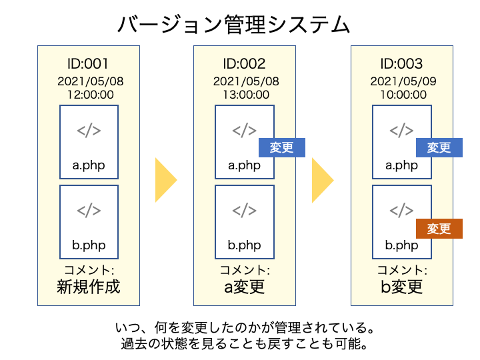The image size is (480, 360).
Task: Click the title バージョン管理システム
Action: coord(233,25)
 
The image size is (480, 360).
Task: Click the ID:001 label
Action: coord(88,64)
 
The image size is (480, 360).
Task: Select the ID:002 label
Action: coord(244,64)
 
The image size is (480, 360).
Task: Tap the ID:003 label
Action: coord(401,64)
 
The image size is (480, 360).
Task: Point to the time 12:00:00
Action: coord(91,95)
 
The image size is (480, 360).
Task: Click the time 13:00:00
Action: coord(246,95)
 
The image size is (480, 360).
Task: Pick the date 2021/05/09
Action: coord(403,81)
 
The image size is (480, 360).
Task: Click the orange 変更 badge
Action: coord(439,229)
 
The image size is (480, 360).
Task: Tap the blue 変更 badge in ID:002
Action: coord(281,147)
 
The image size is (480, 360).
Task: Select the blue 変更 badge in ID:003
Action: coord(439,147)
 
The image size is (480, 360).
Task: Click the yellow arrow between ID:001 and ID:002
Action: coord(166,180)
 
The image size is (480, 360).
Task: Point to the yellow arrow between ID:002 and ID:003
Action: coord(323,180)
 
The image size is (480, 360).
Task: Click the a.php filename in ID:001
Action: coord(89,165)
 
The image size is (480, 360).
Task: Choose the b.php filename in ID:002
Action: coord(244,245)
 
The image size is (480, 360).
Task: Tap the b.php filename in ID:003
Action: coord(401,245)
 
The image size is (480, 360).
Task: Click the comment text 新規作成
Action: coord(89,287)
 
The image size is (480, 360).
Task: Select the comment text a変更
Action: coord(244,287)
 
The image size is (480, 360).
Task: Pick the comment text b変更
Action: coord(401,287)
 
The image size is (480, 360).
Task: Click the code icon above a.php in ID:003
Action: coord(401,131)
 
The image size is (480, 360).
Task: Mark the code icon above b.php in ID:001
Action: coord(89,211)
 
